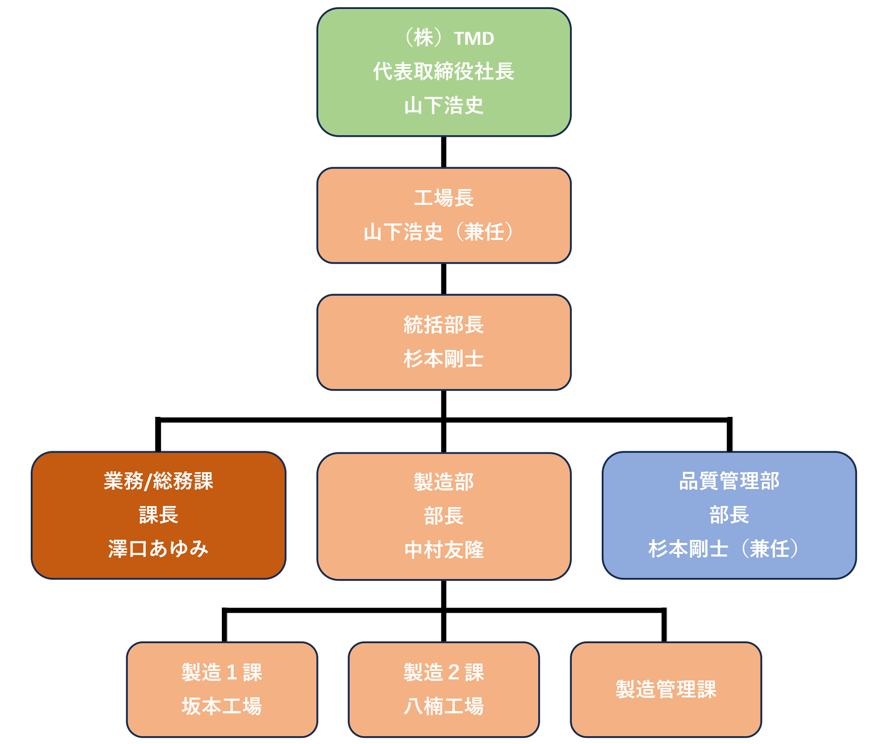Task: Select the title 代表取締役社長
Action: (444, 71)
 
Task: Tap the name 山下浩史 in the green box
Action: (444, 105)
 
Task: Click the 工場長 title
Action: (444, 198)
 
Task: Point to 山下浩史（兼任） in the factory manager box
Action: (439, 232)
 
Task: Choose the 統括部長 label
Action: (444, 325)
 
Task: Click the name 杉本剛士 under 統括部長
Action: (444, 359)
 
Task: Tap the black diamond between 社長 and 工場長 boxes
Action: (444, 152)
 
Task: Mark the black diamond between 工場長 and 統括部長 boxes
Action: (444, 279)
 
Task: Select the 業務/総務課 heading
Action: (158, 481)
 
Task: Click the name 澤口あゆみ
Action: (158, 549)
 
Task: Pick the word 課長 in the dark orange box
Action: (158, 515)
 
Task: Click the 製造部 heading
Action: (444, 482)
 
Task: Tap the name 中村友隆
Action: (444, 550)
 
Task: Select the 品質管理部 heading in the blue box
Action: (729, 481)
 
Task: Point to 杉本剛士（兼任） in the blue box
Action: (724, 549)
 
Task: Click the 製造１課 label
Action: (222, 672)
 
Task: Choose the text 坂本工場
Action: (222, 706)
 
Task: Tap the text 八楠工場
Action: (444, 706)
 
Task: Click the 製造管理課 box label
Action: (666, 689)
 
